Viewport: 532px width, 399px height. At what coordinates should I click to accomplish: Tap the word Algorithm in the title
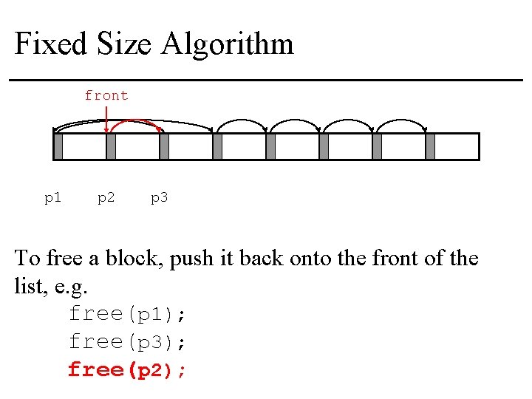pos(228,44)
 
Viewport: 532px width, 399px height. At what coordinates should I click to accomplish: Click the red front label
pos(106,95)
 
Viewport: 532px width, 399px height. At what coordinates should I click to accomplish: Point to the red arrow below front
pos(107,118)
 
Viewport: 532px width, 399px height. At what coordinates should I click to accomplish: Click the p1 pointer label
pos(53,198)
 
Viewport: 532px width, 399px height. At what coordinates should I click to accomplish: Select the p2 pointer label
pos(106,198)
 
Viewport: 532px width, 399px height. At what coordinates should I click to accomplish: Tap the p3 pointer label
pos(160,198)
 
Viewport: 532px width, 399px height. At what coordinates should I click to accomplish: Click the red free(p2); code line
pos(127,369)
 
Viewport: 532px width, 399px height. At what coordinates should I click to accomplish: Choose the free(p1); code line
pos(127,313)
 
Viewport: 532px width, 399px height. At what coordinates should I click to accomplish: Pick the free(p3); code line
pos(127,341)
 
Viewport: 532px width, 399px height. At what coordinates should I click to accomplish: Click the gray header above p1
pos(58,146)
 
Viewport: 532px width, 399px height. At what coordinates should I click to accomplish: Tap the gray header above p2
pos(111,146)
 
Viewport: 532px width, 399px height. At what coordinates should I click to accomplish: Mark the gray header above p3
pos(164,146)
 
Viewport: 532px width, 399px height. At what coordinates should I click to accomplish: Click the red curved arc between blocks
pos(137,121)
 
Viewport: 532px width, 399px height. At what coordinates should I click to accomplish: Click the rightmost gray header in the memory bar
pos(430,146)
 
